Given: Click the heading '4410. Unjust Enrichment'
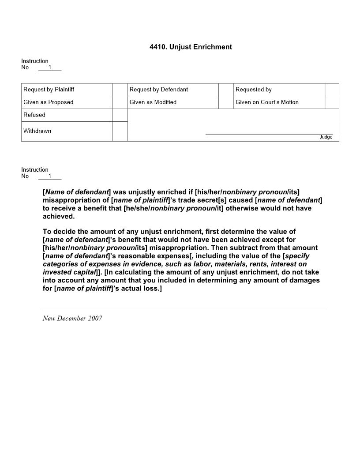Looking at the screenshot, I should (x=191, y=47).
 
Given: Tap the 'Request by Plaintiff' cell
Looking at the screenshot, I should (x=49, y=90).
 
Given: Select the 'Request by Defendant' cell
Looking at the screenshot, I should (x=159, y=90).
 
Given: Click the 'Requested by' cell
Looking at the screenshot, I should (x=254, y=90).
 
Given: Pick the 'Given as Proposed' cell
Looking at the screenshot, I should (x=49, y=102).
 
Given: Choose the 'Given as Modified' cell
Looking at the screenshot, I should (x=153, y=102).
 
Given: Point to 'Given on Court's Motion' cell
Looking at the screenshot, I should (x=267, y=102).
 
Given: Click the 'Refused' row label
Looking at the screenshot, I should (x=34, y=115).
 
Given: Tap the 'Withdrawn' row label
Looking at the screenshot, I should (x=37, y=131).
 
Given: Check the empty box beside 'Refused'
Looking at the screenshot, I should (x=120, y=115).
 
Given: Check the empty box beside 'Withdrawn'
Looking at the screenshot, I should (x=120, y=132).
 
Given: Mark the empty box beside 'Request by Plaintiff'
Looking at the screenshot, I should (x=120, y=90).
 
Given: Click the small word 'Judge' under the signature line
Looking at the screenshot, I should (x=326, y=137).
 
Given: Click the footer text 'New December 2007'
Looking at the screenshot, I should (x=72, y=319).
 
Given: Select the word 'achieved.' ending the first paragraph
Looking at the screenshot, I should (x=59, y=217).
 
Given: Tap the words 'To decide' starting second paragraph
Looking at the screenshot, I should (x=57, y=232).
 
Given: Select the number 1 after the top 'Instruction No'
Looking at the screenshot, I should (x=50, y=68).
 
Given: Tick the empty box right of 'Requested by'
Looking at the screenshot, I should (x=332, y=90).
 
